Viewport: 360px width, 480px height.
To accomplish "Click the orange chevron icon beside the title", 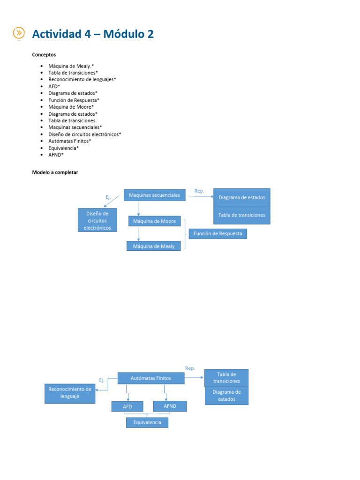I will point(18,33).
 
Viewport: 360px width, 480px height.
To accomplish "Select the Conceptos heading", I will point(44,54).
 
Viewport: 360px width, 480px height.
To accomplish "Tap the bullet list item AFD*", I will point(54,86).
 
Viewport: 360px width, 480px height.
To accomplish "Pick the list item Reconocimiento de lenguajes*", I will point(82,80).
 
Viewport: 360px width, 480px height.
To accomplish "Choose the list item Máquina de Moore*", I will point(71,107).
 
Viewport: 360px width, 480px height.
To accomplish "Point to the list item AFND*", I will point(56,155).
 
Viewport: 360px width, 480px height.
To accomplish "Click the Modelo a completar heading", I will point(55,172).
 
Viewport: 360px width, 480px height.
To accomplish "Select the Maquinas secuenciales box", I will point(154,195).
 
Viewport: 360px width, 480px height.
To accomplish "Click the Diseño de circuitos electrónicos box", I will point(97,220).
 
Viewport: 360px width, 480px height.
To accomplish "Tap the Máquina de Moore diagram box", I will point(154,221).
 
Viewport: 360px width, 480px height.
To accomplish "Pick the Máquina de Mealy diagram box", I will point(154,246).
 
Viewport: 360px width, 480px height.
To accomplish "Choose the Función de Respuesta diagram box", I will point(217,233).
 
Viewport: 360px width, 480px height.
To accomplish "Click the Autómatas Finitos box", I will point(150,378).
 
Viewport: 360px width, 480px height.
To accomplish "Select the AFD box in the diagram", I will point(127,406).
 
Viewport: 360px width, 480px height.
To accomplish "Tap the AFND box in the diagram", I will point(170,406).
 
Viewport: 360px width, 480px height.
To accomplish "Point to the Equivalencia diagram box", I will point(147,422).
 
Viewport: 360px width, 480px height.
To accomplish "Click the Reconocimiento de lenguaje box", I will point(70,393).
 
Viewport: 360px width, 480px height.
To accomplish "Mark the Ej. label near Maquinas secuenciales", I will point(108,197).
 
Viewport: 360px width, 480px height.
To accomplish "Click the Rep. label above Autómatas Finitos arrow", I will point(190,368).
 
